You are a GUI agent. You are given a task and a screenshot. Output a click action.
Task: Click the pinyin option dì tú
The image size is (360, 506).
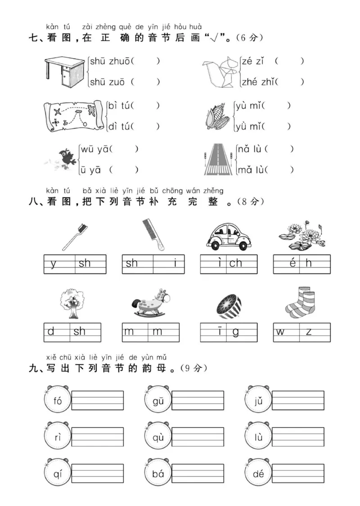click(119, 127)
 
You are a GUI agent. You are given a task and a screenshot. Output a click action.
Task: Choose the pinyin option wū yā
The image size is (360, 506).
click(94, 149)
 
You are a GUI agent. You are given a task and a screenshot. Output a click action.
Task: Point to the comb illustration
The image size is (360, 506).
click(153, 234)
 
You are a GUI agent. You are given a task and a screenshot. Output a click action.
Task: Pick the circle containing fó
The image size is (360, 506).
click(58, 401)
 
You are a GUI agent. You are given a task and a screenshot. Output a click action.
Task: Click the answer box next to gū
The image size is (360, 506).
click(198, 400)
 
